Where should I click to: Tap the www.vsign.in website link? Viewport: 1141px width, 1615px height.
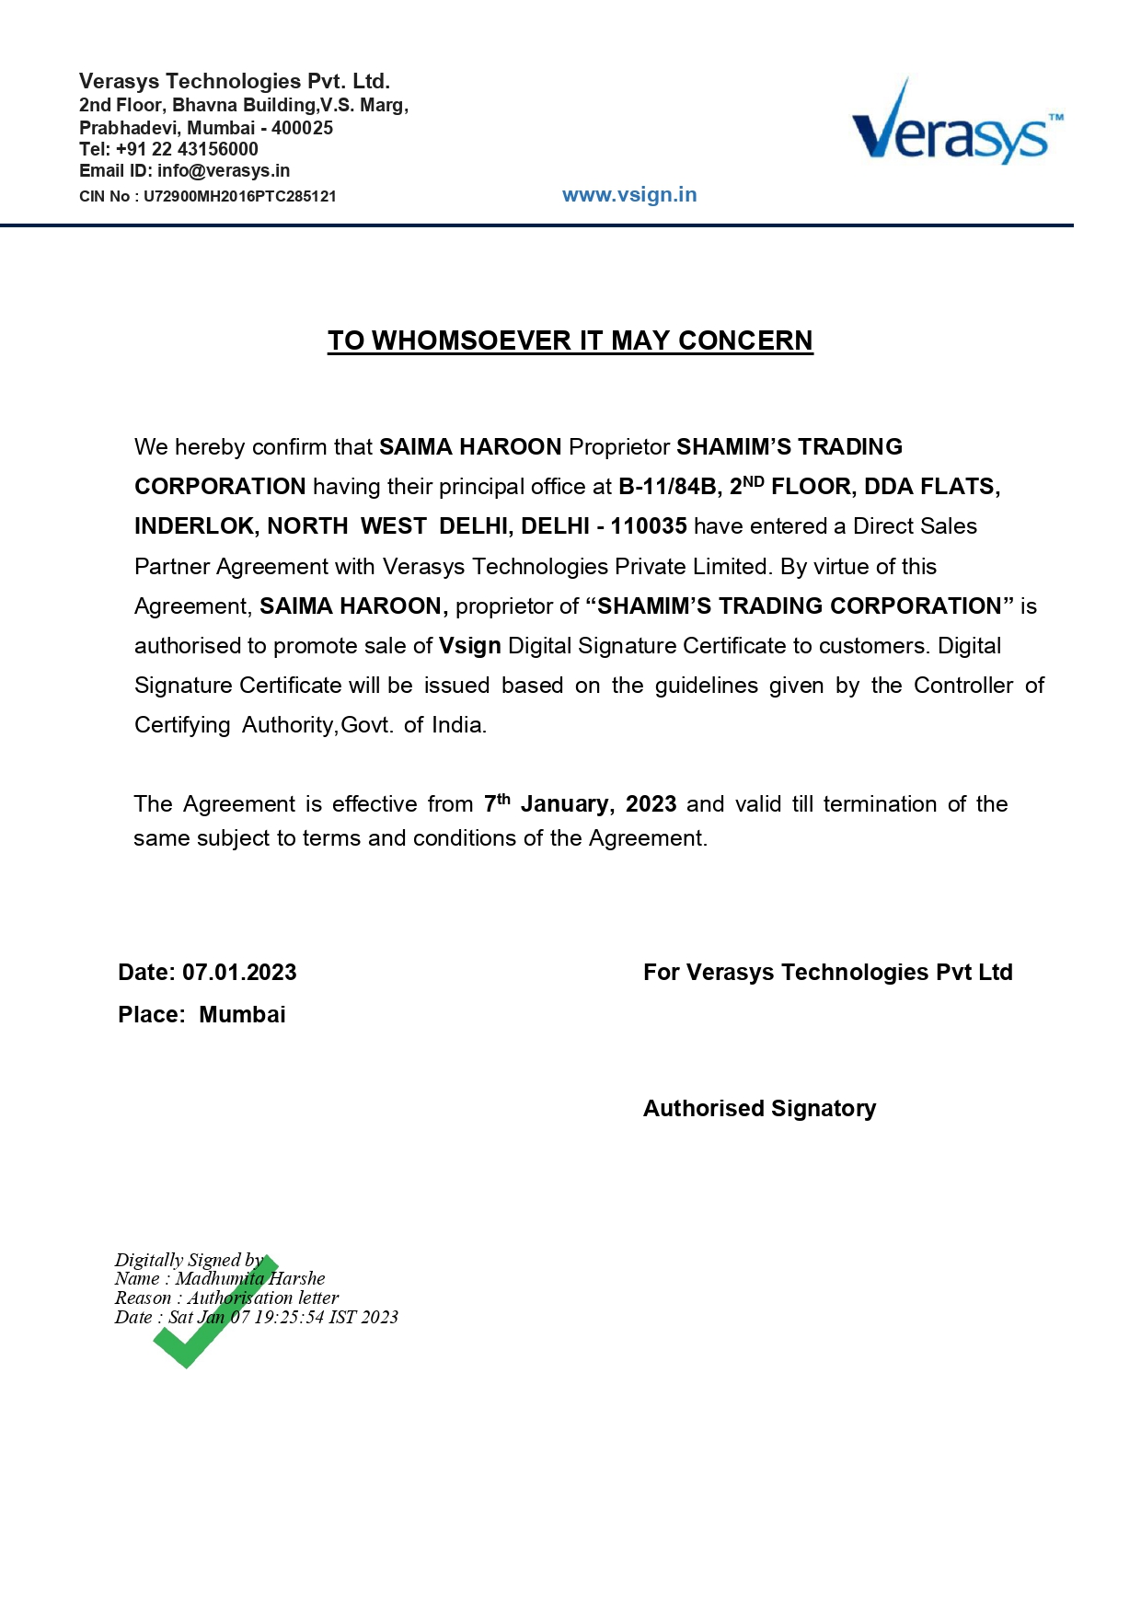(x=629, y=195)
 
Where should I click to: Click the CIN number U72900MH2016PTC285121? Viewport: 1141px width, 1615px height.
(x=240, y=196)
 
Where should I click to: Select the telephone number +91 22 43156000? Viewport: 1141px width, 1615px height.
(x=187, y=149)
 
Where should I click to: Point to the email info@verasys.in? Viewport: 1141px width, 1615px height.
(x=224, y=171)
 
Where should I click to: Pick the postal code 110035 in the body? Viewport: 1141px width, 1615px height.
(x=649, y=526)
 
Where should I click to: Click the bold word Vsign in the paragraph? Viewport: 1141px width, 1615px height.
(x=469, y=646)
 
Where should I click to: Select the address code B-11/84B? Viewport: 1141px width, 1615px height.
(x=667, y=487)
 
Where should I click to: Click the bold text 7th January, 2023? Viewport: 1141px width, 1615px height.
(x=580, y=804)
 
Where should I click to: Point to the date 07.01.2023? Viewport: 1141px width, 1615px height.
(x=239, y=973)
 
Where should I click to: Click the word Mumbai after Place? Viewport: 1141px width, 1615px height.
(x=242, y=1015)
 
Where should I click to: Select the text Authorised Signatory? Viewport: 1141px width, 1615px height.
(x=759, y=1109)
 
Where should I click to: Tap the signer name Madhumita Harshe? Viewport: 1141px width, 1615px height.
(x=250, y=1278)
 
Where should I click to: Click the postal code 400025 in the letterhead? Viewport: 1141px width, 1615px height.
(x=302, y=128)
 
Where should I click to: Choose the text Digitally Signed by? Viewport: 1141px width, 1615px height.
(x=189, y=1260)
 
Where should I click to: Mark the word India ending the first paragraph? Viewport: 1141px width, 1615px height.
(x=456, y=725)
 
